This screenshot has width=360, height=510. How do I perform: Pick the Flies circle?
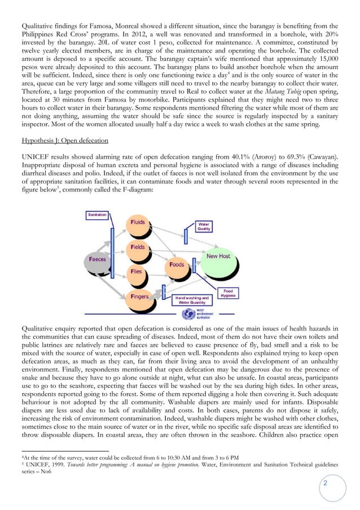137,272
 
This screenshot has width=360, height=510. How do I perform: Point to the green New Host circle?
218,257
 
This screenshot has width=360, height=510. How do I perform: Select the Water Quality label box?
204,226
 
